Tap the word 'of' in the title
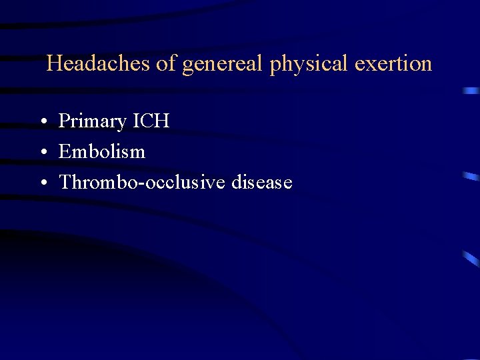(x=166, y=64)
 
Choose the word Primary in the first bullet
(x=92, y=122)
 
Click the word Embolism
(x=102, y=152)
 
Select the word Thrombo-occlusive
(x=143, y=182)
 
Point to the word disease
(x=262, y=182)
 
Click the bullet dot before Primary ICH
(x=42, y=123)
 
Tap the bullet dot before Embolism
(x=42, y=153)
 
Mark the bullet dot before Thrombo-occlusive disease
(x=42, y=183)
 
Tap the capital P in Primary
(x=65, y=121)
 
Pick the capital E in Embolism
(x=65, y=152)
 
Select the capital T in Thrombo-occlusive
(x=65, y=182)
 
